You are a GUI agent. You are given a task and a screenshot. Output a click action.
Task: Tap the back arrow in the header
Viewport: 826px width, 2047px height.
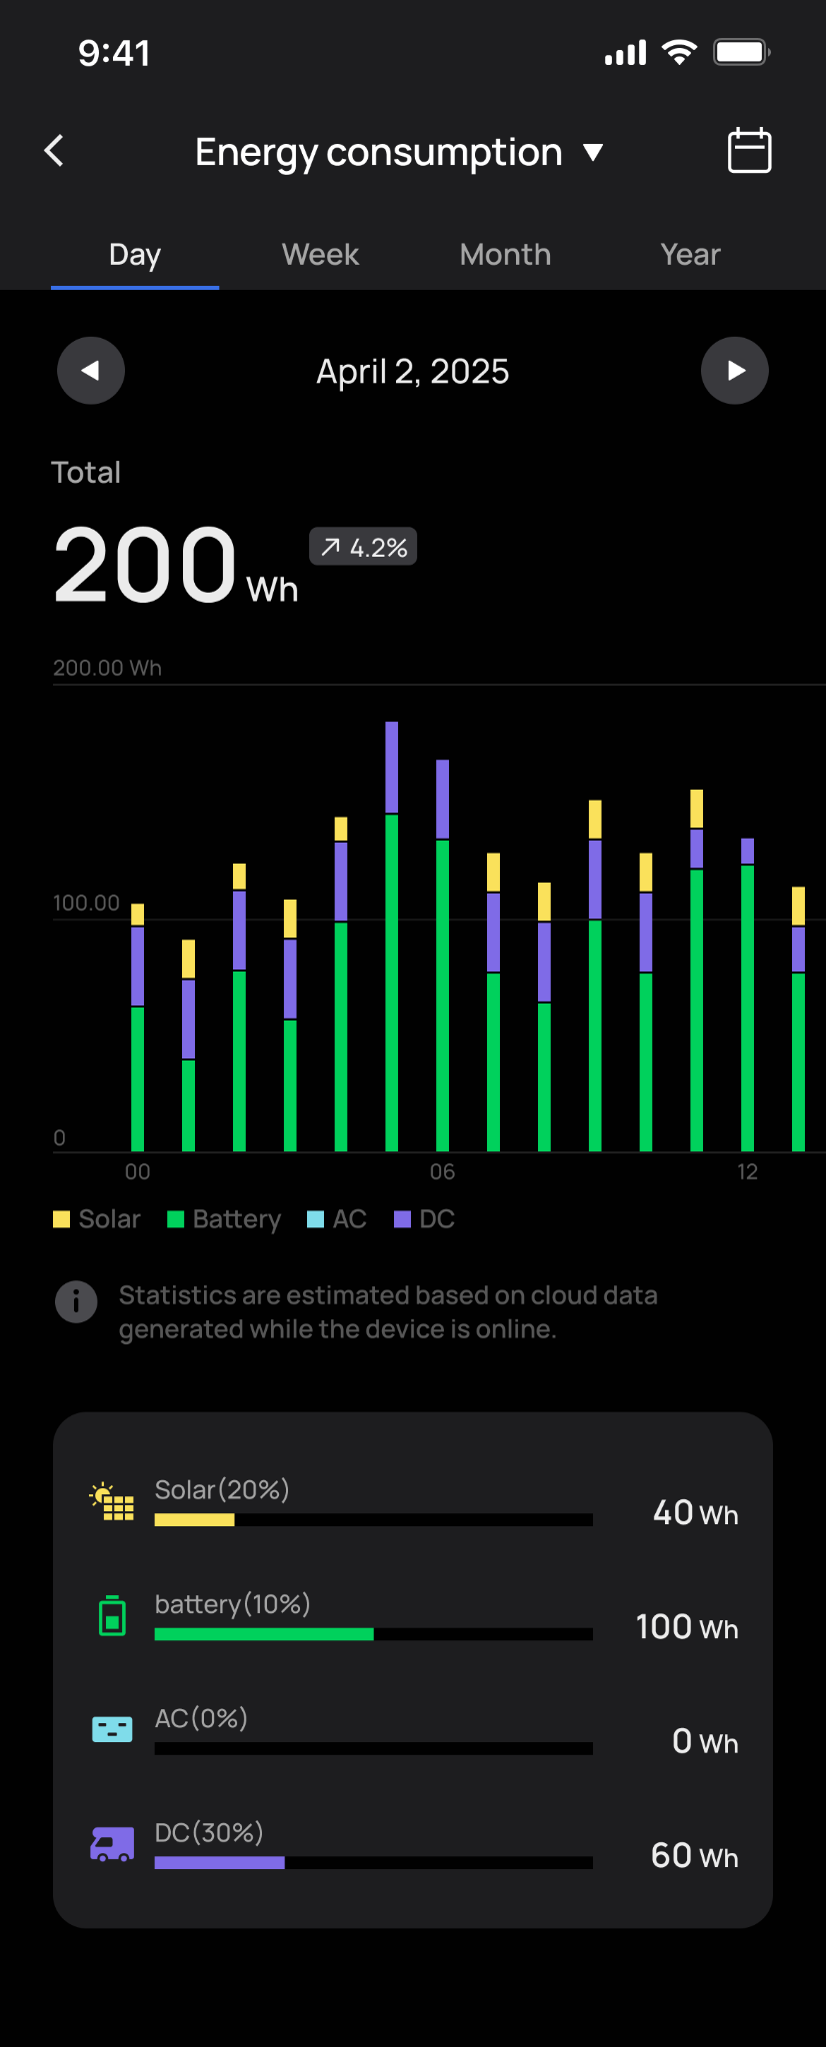(x=55, y=151)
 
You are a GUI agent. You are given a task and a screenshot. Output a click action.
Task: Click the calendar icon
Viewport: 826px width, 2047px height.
(x=749, y=151)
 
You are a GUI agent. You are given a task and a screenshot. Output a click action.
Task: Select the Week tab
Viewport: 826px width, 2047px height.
(x=320, y=255)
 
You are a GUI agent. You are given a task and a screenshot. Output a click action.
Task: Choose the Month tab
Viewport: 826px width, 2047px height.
(x=505, y=255)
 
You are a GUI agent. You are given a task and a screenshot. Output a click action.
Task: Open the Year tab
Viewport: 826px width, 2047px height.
(x=690, y=255)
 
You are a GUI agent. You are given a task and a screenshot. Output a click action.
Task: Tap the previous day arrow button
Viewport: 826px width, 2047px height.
(x=91, y=371)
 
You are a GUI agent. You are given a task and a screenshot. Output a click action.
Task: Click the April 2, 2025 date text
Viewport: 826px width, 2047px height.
(x=412, y=372)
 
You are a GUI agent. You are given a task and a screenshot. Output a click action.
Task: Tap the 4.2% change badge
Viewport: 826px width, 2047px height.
(x=363, y=547)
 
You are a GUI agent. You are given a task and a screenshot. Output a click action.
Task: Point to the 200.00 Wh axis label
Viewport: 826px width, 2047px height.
(x=107, y=668)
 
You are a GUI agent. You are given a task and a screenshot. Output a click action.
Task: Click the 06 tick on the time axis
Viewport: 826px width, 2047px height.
(x=442, y=1171)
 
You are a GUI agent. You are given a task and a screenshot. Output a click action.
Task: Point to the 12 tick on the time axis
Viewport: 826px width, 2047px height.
(x=747, y=1171)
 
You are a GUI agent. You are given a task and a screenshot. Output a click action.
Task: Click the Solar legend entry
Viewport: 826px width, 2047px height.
(x=97, y=1219)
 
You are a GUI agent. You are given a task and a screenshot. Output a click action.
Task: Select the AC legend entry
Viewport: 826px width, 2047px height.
(x=337, y=1219)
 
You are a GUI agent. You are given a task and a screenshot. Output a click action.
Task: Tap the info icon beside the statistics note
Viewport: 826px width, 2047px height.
(x=76, y=1301)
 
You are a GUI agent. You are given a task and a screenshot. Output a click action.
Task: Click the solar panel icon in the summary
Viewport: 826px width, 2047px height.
(x=113, y=1501)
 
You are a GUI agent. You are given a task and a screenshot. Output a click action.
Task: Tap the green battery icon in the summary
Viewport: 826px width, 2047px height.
(x=113, y=1615)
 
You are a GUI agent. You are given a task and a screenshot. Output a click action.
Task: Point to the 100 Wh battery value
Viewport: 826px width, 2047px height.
(x=687, y=1627)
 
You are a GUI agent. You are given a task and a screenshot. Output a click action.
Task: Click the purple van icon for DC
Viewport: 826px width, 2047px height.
(x=112, y=1844)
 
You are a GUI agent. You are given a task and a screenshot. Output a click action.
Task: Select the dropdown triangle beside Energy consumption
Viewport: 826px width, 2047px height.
(x=593, y=152)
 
